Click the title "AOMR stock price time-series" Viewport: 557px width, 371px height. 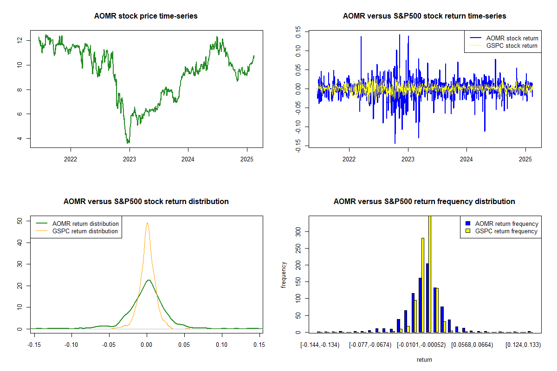tap(146, 16)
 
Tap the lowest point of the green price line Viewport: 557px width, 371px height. tap(128, 143)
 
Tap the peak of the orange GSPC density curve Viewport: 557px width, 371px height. tap(147, 223)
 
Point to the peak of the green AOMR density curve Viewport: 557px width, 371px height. tap(148, 280)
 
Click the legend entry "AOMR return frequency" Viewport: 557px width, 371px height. tap(506, 224)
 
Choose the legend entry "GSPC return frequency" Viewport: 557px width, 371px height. tap(506, 231)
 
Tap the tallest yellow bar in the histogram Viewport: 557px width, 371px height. tap(430, 274)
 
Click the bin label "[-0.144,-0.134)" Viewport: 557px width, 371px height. tap(320, 345)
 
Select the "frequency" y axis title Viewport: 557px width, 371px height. tap(284, 275)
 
